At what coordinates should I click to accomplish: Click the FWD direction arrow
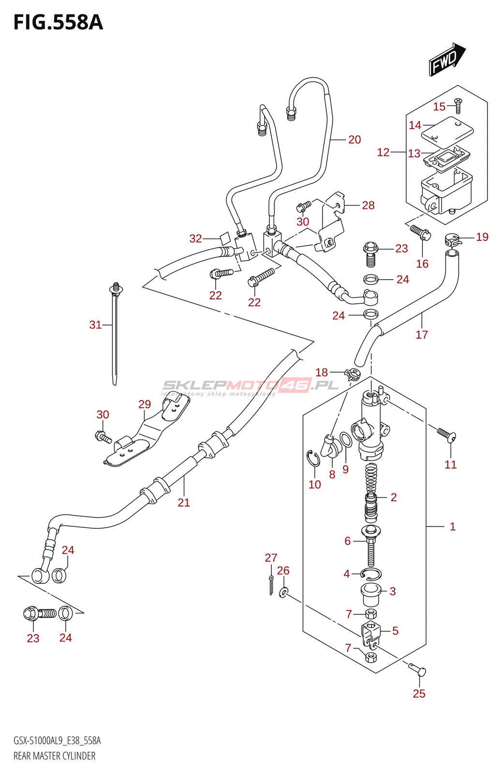pyautogui.click(x=446, y=60)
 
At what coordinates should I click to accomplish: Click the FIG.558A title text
pyautogui.click(x=59, y=23)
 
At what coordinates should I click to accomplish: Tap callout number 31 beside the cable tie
pyautogui.click(x=95, y=325)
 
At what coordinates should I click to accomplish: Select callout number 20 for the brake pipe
pyautogui.click(x=355, y=140)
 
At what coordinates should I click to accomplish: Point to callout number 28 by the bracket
pyautogui.click(x=368, y=206)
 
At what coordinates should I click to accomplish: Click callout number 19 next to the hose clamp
pyautogui.click(x=482, y=237)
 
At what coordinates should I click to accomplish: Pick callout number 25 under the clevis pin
pyautogui.click(x=419, y=694)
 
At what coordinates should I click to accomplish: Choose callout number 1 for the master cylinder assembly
pyautogui.click(x=452, y=526)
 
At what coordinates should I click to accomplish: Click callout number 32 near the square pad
pyautogui.click(x=195, y=238)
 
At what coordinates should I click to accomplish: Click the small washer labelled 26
pyautogui.click(x=284, y=591)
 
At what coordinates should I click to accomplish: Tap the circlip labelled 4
pyautogui.click(x=371, y=574)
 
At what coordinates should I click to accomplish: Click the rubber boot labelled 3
pyautogui.click(x=370, y=595)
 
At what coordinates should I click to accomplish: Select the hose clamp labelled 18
pyautogui.click(x=353, y=374)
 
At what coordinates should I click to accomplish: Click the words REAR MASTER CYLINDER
pyautogui.click(x=54, y=756)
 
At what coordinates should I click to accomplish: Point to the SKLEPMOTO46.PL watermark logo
pyautogui.click(x=250, y=386)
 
